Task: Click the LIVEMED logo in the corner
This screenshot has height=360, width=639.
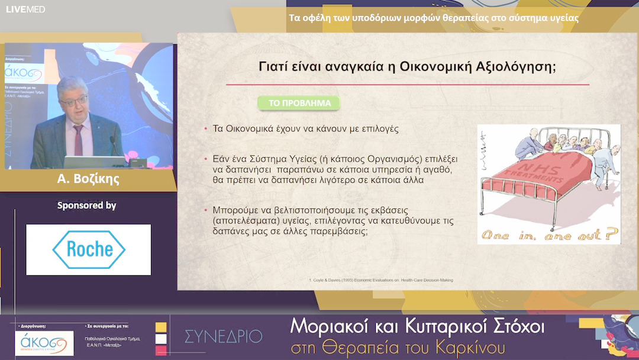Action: (25, 9)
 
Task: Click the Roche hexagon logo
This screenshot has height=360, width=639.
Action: (89, 249)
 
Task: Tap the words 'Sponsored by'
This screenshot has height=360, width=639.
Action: (86, 205)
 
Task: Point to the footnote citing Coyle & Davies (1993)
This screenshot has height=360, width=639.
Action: (382, 279)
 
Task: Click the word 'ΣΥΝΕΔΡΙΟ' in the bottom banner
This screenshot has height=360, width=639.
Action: (223, 336)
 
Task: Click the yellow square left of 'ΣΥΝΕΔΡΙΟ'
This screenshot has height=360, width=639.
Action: (161, 327)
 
